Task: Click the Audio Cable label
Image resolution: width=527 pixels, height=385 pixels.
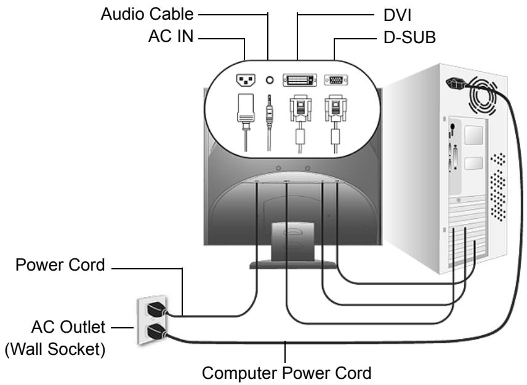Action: (x=147, y=14)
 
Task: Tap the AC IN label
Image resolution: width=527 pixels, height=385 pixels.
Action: (x=171, y=36)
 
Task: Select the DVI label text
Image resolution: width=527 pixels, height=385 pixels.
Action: (x=398, y=15)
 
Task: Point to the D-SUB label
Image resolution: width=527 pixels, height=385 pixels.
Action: (x=409, y=38)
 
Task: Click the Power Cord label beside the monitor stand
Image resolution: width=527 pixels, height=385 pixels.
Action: (x=60, y=265)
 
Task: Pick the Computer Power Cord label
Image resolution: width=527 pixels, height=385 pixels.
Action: (x=287, y=373)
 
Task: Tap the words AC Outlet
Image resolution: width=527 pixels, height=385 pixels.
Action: (x=68, y=327)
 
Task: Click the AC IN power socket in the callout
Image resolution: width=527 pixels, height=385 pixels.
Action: (x=246, y=80)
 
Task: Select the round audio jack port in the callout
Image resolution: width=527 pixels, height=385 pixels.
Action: (x=270, y=80)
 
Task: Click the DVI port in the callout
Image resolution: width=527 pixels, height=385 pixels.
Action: (x=300, y=80)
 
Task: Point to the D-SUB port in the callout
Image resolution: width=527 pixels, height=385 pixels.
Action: (x=336, y=80)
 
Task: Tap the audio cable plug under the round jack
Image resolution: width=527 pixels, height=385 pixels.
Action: (x=269, y=111)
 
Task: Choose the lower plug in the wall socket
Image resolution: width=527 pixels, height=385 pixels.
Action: (x=156, y=331)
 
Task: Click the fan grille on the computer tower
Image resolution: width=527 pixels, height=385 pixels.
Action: (x=483, y=95)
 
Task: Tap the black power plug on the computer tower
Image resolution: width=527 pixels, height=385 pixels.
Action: (x=456, y=84)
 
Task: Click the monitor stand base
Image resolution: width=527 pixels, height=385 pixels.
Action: (x=293, y=265)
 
